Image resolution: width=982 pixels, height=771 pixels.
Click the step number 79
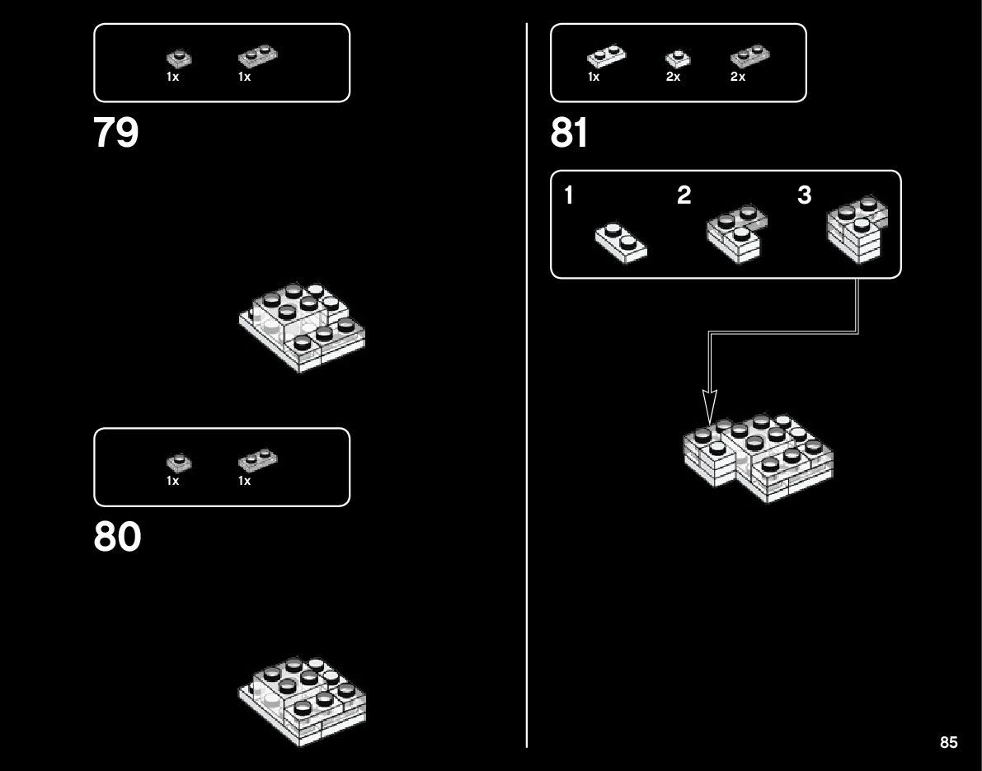tap(116, 133)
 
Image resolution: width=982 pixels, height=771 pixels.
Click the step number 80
tap(117, 538)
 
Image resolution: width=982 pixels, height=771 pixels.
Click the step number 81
tap(571, 133)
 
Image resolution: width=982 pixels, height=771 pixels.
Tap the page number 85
tap(948, 743)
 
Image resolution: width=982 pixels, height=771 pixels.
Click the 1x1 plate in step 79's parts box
tap(177, 58)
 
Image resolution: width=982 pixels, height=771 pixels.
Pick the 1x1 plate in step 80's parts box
tap(177, 462)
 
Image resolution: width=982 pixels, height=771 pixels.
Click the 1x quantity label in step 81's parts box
tap(594, 77)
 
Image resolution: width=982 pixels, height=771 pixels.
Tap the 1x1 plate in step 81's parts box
tap(678, 59)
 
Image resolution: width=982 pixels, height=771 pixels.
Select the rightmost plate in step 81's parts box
tap(749, 56)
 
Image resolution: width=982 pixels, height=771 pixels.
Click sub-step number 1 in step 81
tap(569, 196)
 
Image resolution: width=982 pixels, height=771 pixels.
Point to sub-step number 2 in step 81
tap(684, 196)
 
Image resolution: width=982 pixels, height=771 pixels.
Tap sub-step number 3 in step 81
tap(805, 196)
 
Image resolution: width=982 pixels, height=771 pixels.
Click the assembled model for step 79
tap(303, 327)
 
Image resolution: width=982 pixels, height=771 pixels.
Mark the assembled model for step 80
tap(303, 700)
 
